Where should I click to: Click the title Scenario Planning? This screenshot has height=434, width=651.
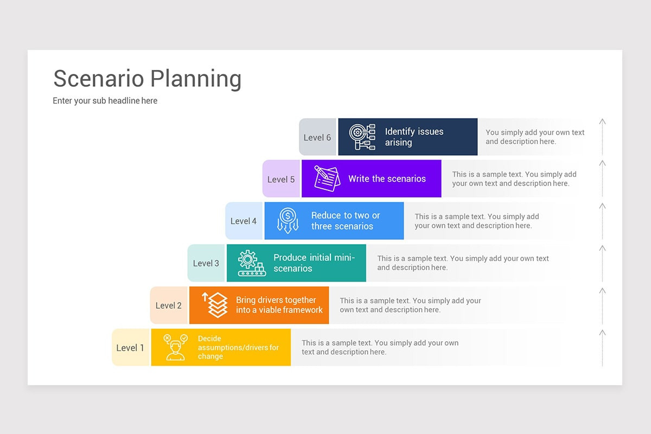(147, 79)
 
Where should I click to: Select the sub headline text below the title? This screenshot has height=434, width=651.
(105, 101)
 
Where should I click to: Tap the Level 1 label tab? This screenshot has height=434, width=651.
(130, 348)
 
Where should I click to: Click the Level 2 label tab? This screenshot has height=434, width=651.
(169, 305)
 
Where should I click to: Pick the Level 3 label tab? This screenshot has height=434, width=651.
(206, 263)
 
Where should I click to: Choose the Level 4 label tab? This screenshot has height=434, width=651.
(244, 221)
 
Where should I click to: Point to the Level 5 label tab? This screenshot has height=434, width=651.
(281, 179)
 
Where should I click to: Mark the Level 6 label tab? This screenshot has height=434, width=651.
(317, 137)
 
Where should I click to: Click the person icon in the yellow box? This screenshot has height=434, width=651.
(175, 347)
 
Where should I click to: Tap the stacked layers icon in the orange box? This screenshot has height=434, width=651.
(215, 305)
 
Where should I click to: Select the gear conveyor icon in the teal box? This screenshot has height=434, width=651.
(251, 263)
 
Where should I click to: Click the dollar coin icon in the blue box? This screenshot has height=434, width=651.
(288, 221)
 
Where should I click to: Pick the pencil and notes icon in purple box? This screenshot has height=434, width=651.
(327, 178)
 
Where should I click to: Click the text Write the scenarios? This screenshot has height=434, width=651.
(387, 179)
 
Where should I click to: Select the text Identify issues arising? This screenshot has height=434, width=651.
(414, 137)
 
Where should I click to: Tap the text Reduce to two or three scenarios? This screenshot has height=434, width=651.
(345, 221)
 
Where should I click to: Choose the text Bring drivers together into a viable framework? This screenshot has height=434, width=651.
(279, 305)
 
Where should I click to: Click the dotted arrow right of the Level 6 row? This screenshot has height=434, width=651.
(602, 137)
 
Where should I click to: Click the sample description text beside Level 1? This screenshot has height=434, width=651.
(380, 347)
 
